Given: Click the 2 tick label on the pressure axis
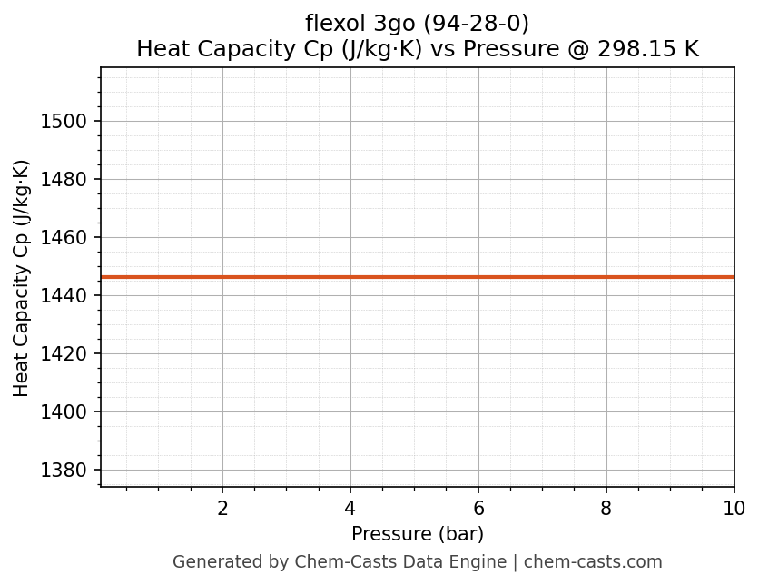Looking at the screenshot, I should coord(222,509).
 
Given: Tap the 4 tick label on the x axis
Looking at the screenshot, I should coord(350,509).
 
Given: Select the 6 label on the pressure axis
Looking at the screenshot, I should coord(478,509).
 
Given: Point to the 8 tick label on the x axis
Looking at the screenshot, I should coord(606,509).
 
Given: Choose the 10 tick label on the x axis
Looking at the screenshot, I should coord(734,509).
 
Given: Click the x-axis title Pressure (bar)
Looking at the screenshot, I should coord(418,534).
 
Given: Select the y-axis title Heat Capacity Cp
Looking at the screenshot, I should coord(22,278).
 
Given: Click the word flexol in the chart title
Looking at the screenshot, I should coord(334,24).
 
